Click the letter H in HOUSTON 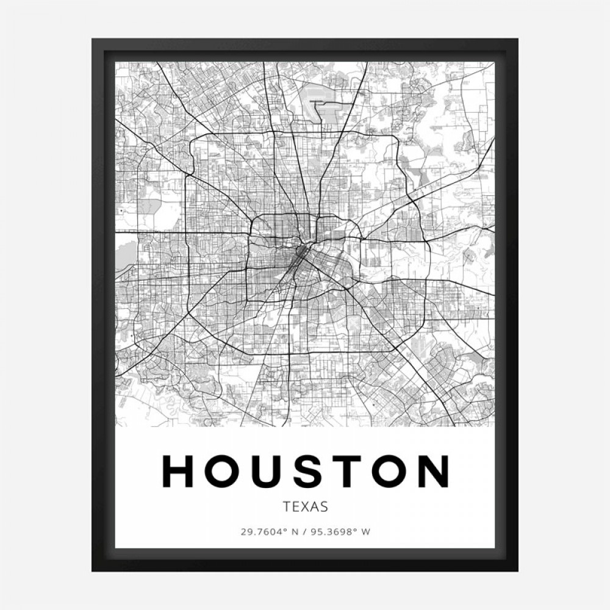tap(178, 472)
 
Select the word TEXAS tap(306, 506)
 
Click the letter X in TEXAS tap(306, 506)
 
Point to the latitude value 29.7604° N tap(268, 531)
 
